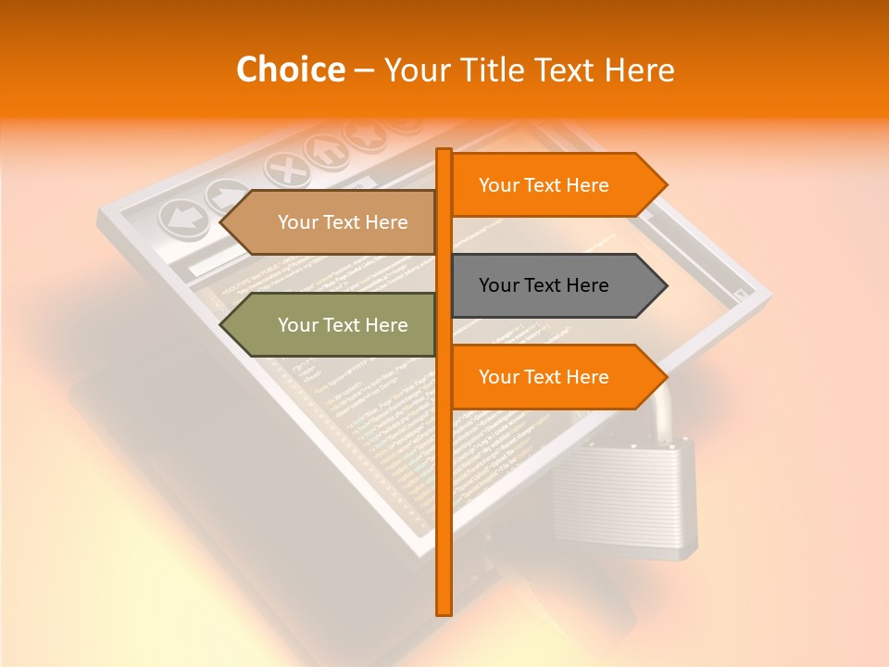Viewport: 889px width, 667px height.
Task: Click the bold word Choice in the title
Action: click(x=290, y=70)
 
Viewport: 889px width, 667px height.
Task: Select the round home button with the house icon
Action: click(x=324, y=149)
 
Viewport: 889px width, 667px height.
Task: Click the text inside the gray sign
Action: click(x=544, y=285)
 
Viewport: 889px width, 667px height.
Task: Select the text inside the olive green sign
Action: click(x=343, y=325)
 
